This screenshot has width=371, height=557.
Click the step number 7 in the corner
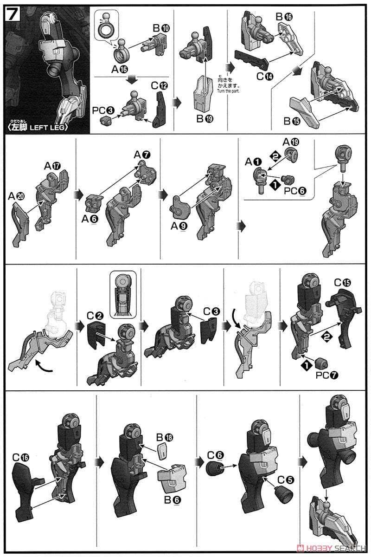pyautogui.click(x=13, y=15)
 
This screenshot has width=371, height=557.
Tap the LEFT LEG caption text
pyautogui.click(x=48, y=128)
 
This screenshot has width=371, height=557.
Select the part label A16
pyautogui.click(x=120, y=70)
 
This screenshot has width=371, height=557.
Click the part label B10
pyautogui.click(x=161, y=28)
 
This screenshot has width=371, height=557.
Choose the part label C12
pyautogui.click(x=159, y=86)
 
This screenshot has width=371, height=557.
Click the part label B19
pyautogui.click(x=205, y=119)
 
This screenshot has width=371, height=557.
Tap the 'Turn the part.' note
pyautogui.click(x=228, y=91)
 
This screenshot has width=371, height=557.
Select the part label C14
pyautogui.click(x=265, y=76)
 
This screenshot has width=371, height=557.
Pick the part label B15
pyautogui.click(x=292, y=121)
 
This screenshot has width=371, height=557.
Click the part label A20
pyautogui.click(x=16, y=197)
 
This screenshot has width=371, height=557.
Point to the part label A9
pyautogui.click(x=179, y=226)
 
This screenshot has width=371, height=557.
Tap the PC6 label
pyautogui.click(x=295, y=191)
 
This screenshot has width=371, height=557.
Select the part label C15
pyautogui.click(x=342, y=283)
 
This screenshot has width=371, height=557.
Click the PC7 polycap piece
pyautogui.click(x=321, y=363)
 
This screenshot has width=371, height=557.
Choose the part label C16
pyautogui.click(x=21, y=457)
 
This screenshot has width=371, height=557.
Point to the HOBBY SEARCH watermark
pyautogui.click(x=333, y=548)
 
